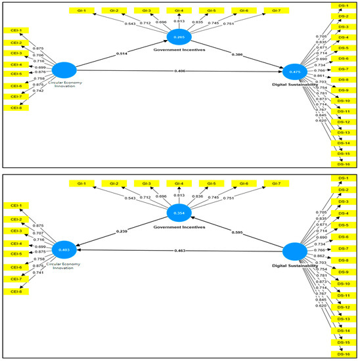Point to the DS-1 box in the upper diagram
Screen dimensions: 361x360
coord(343,5)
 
